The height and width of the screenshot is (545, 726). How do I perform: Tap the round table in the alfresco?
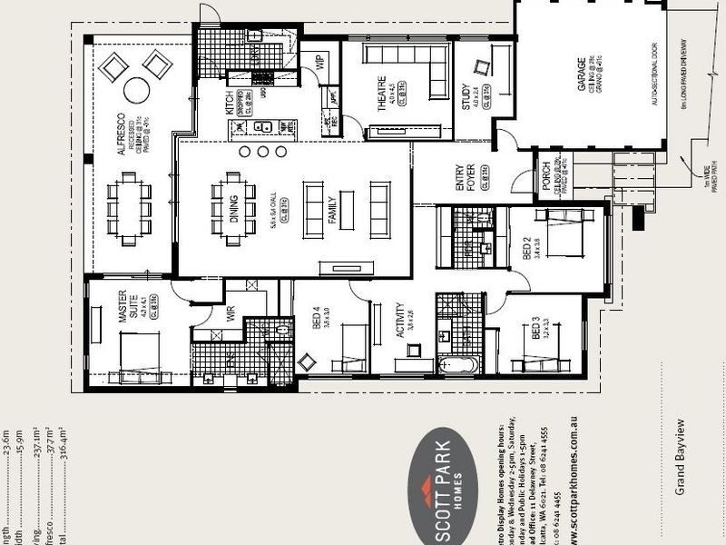coord(136,89)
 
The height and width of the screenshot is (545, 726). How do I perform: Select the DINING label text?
coord(234,209)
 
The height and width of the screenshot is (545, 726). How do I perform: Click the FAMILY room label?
coord(332,209)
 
